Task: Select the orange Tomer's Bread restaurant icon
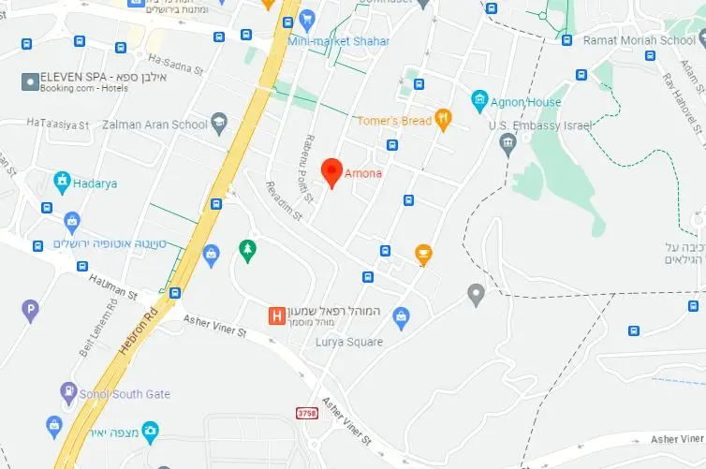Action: [x=444, y=119]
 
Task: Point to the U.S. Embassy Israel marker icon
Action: [x=508, y=144]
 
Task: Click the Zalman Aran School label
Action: [x=154, y=124]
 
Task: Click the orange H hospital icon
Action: [x=276, y=316]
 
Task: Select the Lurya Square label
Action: [x=350, y=342]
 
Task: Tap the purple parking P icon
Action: [x=31, y=308]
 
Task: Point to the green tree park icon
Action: [x=247, y=248]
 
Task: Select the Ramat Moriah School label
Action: [x=639, y=40]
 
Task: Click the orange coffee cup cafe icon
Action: [x=423, y=253]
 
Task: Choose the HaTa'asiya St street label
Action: [x=58, y=124]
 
